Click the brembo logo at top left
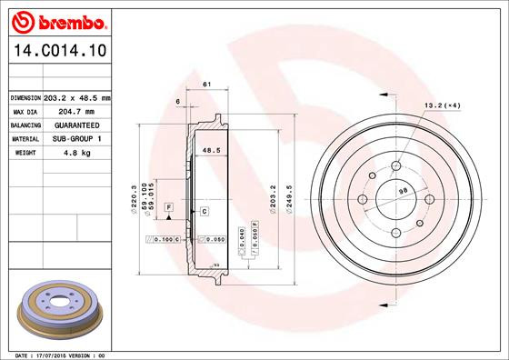click(x=56, y=19)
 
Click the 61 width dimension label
click(x=206, y=85)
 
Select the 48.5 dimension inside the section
click(x=211, y=151)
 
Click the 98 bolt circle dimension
click(x=401, y=190)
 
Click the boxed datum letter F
click(x=169, y=209)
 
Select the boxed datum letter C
click(x=205, y=211)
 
